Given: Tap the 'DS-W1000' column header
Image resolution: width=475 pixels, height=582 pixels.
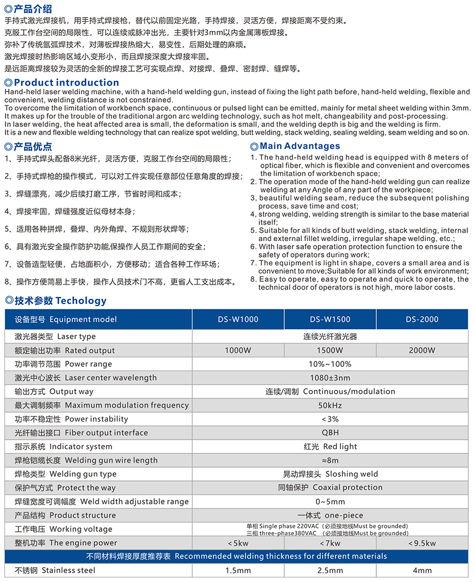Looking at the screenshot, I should [238, 319].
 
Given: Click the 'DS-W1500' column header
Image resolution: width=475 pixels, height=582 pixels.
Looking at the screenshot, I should [330, 319].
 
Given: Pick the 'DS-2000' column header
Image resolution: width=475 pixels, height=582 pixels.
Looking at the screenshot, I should [422, 319].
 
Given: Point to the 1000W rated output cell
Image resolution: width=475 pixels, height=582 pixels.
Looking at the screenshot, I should [238, 350].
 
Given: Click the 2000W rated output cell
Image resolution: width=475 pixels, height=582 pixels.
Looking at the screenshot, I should [422, 350].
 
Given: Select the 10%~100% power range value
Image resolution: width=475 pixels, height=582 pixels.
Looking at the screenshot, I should [330, 364].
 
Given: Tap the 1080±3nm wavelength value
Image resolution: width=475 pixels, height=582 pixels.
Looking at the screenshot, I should [330, 378].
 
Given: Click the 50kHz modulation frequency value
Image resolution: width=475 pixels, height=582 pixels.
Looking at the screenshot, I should [330, 405].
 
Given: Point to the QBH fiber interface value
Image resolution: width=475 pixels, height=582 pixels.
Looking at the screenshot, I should [330, 433].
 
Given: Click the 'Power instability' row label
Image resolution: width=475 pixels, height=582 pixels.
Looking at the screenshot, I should [71, 419].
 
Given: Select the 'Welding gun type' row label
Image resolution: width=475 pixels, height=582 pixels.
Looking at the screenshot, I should [66, 474].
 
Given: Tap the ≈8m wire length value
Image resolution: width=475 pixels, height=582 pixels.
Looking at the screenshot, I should [330, 460].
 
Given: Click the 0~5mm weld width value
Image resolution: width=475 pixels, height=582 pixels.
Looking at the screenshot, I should [330, 501].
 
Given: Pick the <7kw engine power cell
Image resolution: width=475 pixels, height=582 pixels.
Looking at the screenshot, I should [330, 543].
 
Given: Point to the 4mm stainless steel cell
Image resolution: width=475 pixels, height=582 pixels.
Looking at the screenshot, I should [422, 570].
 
